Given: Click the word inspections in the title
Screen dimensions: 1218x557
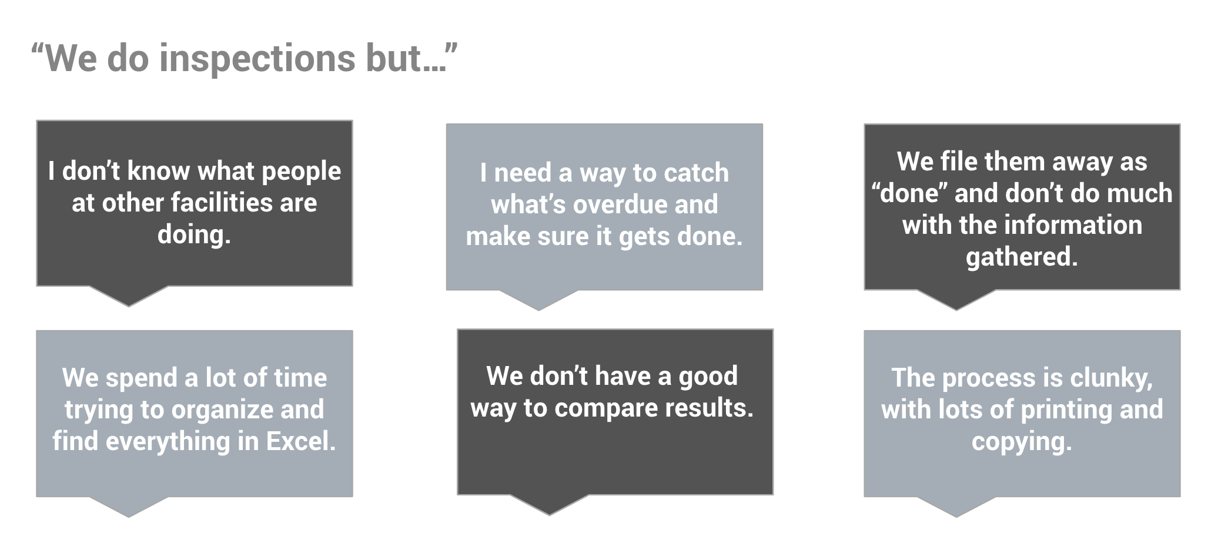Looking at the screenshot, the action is click(257, 59).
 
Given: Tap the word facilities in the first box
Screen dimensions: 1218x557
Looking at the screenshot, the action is click(222, 203).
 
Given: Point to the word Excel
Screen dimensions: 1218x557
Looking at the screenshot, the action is click(301, 441).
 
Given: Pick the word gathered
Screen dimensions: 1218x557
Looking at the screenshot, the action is click(1022, 257).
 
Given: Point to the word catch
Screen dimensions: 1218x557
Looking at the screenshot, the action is click(697, 173).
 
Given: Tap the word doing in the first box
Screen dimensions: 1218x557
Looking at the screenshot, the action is click(194, 235).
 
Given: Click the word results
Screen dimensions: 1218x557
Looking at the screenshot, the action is click(715, 408).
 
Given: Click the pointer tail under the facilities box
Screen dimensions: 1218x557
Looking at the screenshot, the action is click(129, 296).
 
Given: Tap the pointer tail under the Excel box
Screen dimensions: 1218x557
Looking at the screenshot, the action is click(129, 506).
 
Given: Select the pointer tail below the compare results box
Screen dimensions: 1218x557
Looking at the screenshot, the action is click(550, 505).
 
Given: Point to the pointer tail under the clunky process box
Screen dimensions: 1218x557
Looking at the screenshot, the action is click(956, 506).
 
